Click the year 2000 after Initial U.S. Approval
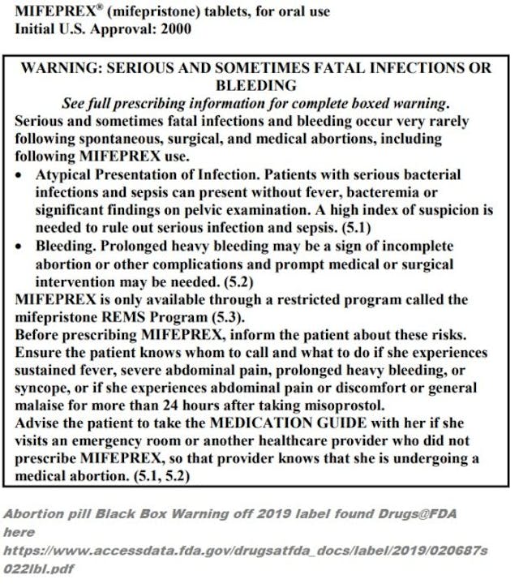[x=175, y=29]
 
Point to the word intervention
[x=76, y=281]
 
